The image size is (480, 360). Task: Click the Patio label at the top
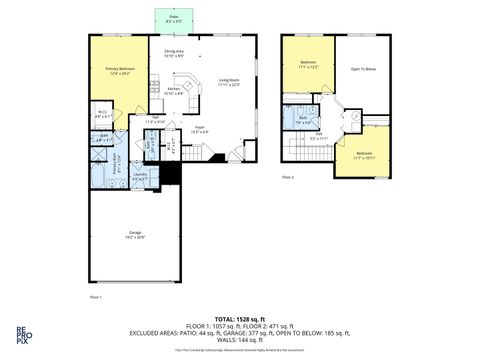pyautogui.click(x=174, y=19)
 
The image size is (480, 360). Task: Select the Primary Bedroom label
pyautogui.click(x=119, y=70)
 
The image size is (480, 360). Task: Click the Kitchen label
pyautogui.click(x=173, y=90)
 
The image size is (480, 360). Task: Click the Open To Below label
pyautogui.click(x=362, y=69)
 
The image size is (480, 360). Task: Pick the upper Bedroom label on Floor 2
pyautogui.click(x=307, y=65)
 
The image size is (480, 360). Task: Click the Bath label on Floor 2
pyautogui.click(x=303, y=120)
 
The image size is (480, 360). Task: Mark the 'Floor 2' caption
pyautogui.click(x=288, y=177)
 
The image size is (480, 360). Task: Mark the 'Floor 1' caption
pyautogui.click(x=96, y=297)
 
